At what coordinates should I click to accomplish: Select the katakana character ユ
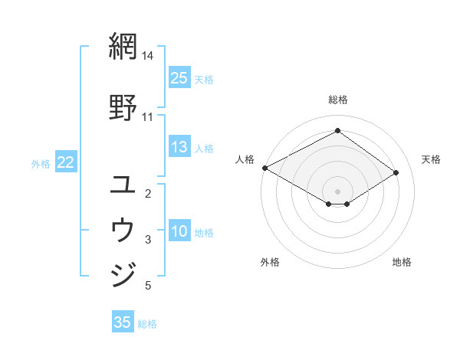click(123, 185)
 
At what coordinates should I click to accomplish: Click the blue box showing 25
click(179, 78)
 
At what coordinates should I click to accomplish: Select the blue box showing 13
click(179, 148)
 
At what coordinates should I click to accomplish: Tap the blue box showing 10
click(179, 232)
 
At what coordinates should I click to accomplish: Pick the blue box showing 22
click(65, 162)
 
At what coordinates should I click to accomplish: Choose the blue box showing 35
click(123, 322)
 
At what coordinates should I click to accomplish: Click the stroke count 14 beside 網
click(148, 56)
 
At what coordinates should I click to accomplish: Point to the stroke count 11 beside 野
click(148, 116)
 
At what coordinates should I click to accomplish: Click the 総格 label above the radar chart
click(338, 100)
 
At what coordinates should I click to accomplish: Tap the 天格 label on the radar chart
click(431, 159)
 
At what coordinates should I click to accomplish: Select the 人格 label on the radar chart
click(245, 159)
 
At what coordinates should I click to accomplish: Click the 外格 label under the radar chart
click(270, 262)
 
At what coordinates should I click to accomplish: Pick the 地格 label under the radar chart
click(402, 262)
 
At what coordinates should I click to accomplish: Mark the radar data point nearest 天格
click(396, 173)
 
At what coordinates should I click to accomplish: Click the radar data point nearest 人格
click(264, 167)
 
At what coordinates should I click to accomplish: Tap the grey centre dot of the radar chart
click(337, 191)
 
